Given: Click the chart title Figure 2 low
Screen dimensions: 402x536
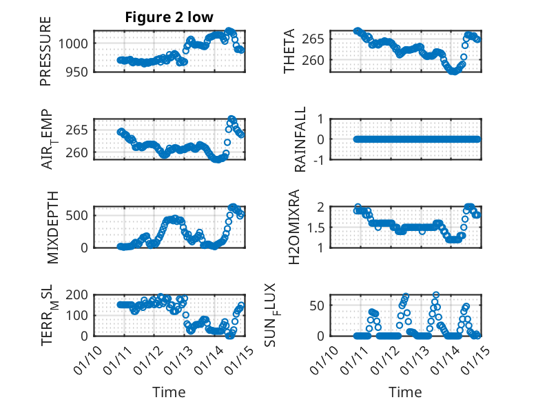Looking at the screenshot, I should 169,17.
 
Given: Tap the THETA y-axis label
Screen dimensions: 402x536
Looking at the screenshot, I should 289,51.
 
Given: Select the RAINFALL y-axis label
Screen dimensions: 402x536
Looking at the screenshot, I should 300,140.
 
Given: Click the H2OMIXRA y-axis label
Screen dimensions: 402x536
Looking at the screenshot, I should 293,227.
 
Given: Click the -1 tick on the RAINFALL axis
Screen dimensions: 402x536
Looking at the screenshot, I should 319,159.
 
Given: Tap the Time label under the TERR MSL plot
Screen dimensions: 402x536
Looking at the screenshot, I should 169,392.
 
